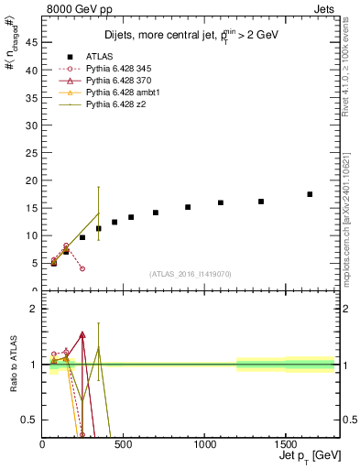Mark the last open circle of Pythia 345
click(x=82, y=268)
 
